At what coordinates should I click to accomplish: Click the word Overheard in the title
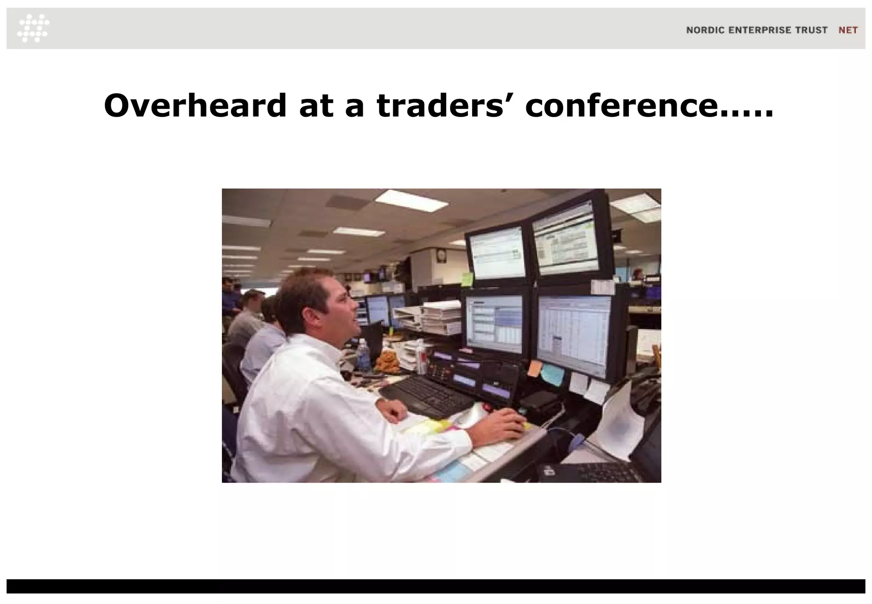pos(195,106)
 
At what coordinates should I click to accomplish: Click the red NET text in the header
pos(848,30)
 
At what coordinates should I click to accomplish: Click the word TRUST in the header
pos(811,30)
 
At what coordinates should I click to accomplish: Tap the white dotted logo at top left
pos(34,28)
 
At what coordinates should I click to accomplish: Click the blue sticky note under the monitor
pos(552,374)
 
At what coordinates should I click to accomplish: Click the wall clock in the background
pos(441,255)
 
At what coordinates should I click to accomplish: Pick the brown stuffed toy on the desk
pos(388,362)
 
